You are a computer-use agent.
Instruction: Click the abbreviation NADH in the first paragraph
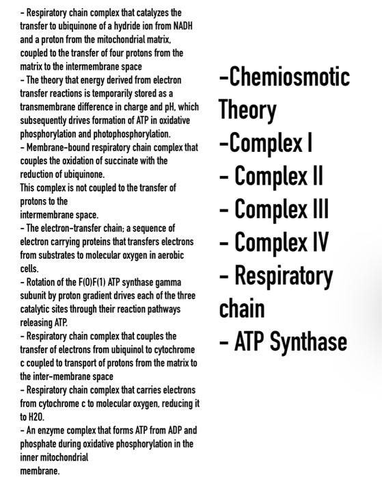pyautogui.click(x=183, y=26)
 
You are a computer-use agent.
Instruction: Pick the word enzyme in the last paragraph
pyautogui.click(x=49, y=430)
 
